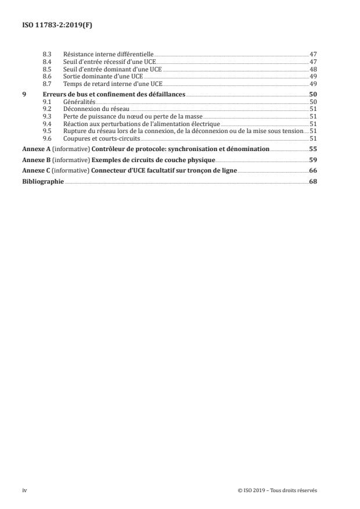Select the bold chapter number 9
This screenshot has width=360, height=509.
[x=24, y=94]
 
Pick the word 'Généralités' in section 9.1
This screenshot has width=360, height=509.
[x=78, y=101]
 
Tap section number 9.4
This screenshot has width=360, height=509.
[x=48, y=124]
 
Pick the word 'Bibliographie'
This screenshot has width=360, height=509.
[x=43, y=180]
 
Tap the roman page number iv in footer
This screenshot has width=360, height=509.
[x=24, y=490]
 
